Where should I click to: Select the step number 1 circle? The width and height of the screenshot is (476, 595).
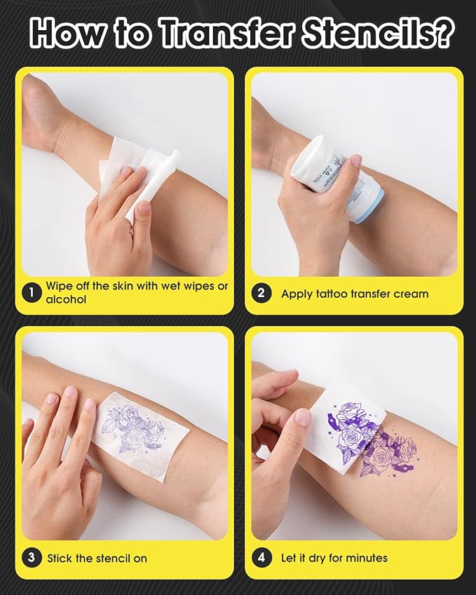click(31, 293)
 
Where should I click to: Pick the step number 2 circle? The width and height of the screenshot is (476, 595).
click(261, 293)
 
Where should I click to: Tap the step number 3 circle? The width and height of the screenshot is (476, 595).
click(31, 558)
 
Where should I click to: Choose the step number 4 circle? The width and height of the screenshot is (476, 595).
click(261, 558)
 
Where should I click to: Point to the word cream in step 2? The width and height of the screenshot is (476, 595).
click(412, 294)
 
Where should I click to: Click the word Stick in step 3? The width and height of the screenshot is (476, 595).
click(60, 559)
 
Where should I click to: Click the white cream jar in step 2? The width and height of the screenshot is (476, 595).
click(322, 168)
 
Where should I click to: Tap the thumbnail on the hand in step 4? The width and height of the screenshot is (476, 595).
click(303, 418)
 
